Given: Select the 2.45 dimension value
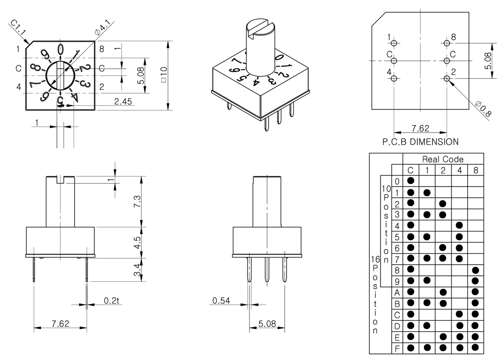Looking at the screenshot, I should pyautogui.click(x=123, y=101).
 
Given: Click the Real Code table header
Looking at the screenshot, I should pyautogui.click(x=443, y=159).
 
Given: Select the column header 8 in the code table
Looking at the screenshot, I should pyautogui.click(x=476, y=170).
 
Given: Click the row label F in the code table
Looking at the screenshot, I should pyautogui.click(x=397, y=347).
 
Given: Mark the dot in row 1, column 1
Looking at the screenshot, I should pyautogui.click(x=427, y=192).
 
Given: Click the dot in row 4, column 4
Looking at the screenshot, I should pyautogui.click(x=459, y=225).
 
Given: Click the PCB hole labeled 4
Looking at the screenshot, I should pyautogui.click(x=394, y=78).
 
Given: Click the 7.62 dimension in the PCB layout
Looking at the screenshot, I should pyautogui.click(x=420, y=129).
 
